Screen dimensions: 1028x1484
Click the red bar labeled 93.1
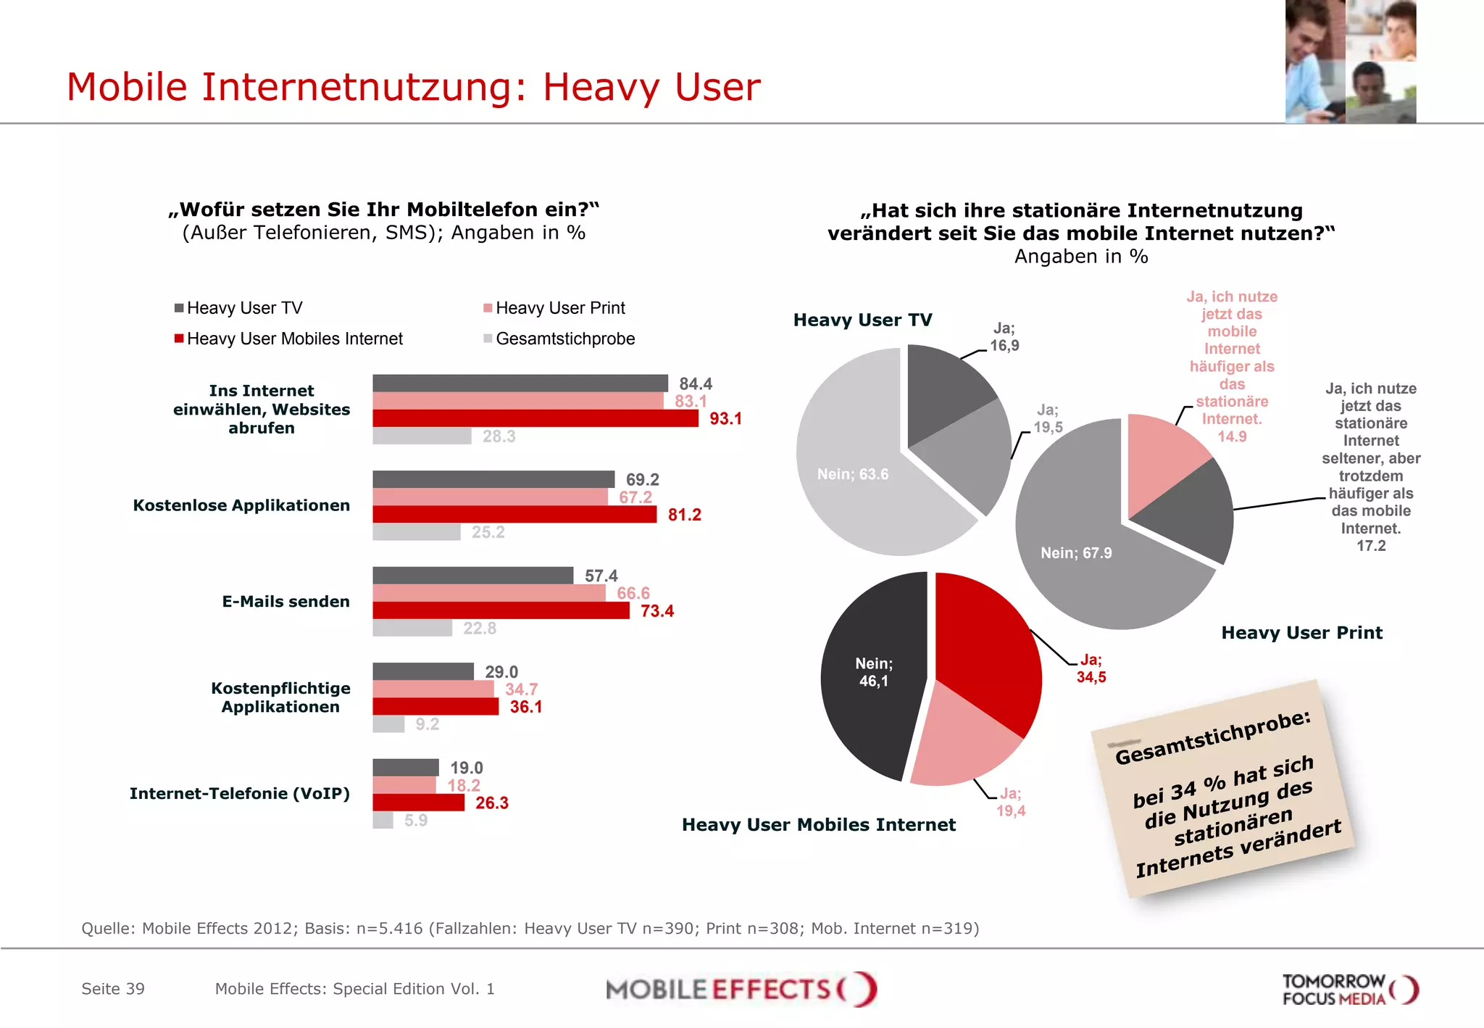click(x=535, y=418)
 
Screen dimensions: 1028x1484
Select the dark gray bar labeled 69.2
click(x=493, y=479)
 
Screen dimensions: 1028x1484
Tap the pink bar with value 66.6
click(x=488, y=593)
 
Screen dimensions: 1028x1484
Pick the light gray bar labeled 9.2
click(x=388, y=724)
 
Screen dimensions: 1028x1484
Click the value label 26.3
click(x=491, y=803)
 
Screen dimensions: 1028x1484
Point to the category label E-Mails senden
click(x=285, y=602)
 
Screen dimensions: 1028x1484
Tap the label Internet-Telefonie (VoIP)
click(x=239, y=794)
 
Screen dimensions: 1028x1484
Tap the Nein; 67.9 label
click(x=1076, y=553)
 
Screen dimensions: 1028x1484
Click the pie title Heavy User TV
click(x=862, y=320)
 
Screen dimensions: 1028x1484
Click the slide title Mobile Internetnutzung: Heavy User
click(x=413, y=87)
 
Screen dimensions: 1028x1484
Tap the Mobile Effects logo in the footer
click(x=741, y=990)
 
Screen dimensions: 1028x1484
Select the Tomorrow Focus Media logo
click(x=1349, y=990)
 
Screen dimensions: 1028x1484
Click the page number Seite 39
click(x=113, y=989)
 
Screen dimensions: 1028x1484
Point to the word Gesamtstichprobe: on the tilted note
click(x=1212, y=737)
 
